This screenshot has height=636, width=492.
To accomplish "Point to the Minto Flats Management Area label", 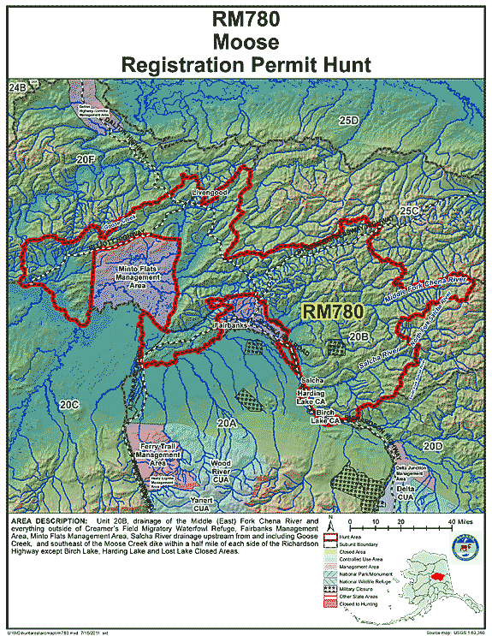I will click(133, 276).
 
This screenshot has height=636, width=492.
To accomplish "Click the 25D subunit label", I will click(347, 122).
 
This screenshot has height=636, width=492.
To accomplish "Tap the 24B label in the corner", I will click(17, 88).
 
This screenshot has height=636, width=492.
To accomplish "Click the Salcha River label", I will click(379, 352).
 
